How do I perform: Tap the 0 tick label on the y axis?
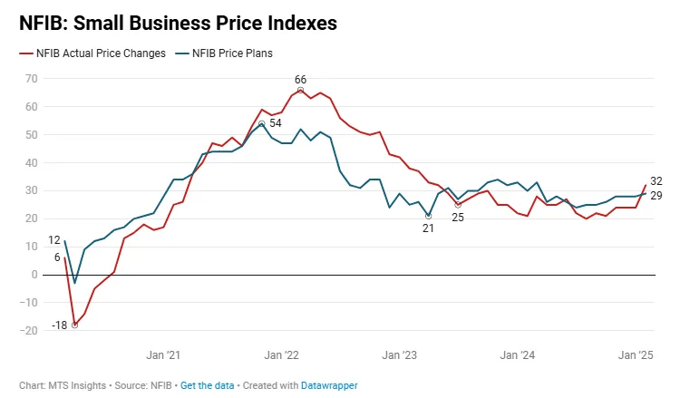coord(34,275)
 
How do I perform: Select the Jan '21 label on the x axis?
coord(163,355)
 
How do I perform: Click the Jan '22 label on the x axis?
coord(281,355)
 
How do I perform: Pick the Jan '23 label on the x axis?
coord(399,355)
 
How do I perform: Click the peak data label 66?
coord(300,79)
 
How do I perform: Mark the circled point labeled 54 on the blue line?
coord(261,123)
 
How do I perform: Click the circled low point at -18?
coord(74,325)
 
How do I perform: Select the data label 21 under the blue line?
coord(428,228)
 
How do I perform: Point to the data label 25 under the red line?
coord(458,218)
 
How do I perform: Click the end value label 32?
coord(656,180)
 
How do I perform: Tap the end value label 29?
coord(656,196)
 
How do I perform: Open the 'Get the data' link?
coord(208,385)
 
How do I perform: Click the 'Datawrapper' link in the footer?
coord(329,385)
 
